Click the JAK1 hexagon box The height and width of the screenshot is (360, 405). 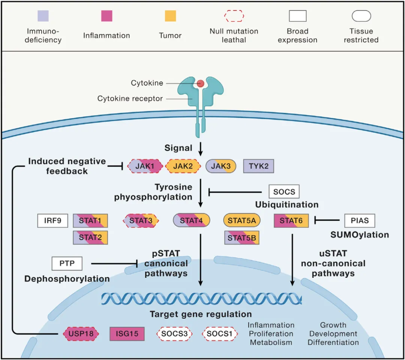click(145, 166)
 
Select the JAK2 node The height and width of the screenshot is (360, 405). click(183, 166)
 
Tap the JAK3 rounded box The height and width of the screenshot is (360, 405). click(221, 166)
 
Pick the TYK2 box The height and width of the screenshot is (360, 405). click(258, 166)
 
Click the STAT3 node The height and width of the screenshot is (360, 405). click(141, 220)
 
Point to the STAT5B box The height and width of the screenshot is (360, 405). click(242, 238)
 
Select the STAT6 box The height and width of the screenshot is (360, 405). click(291, 220)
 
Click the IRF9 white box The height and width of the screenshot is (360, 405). click(53, 220)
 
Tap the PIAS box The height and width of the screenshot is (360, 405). click(360, 220)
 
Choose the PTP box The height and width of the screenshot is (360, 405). click(67, 263)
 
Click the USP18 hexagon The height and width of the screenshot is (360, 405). click(81, 334)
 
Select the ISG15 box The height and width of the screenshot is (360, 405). click(127, 334)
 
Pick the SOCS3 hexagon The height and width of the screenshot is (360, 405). click(174, 334)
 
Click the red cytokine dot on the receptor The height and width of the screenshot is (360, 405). click(200, 83)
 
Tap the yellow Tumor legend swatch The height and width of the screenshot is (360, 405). click(171, 16)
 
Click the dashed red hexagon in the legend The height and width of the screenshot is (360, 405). click(234, 16)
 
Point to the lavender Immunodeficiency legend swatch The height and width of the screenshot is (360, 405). click(43, 16)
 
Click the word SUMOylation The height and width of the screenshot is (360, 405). click(360, 234)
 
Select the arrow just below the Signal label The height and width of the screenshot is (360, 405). click(200, 149)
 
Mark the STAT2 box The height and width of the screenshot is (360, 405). click(90, 238)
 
